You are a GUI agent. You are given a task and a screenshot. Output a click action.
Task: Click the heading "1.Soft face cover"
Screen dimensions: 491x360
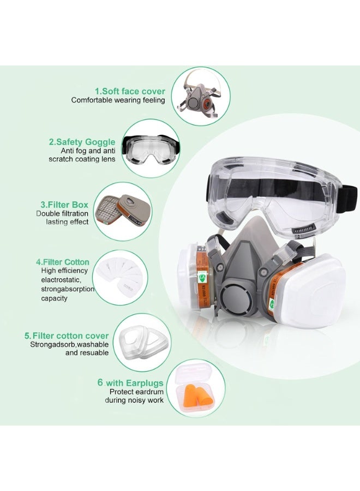(x=129, y=91)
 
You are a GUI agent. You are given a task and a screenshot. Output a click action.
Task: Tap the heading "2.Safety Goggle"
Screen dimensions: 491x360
(x=82, y=142)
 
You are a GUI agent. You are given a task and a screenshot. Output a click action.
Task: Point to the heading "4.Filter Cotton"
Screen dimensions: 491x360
(x=62, y=262)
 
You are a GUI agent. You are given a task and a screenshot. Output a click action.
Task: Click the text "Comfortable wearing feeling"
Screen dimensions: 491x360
(x=118, y=100)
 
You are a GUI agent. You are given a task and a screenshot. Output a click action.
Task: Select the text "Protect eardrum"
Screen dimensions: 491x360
(x=136, y=392)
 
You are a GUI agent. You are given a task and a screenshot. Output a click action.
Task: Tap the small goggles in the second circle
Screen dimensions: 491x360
(x=149, y=151)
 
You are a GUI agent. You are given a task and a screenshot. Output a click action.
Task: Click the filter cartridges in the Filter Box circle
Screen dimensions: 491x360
(x=121, y=211)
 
